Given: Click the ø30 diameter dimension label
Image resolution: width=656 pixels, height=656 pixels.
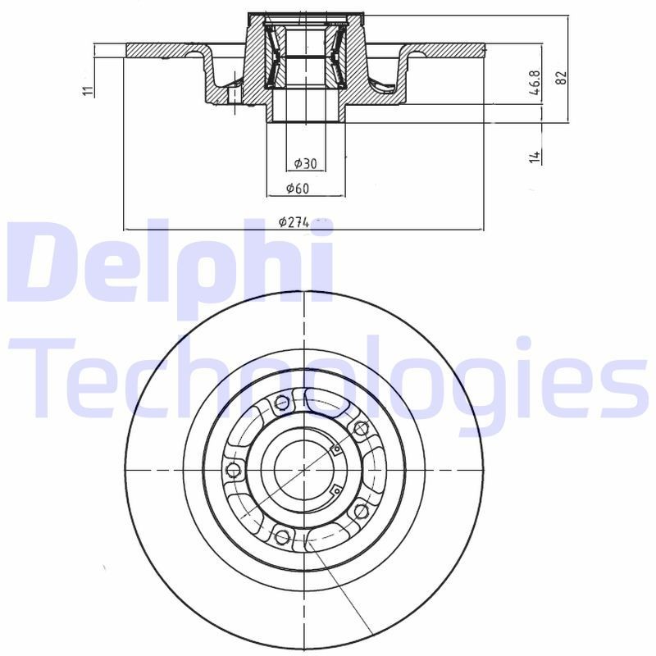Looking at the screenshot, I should [304, 162].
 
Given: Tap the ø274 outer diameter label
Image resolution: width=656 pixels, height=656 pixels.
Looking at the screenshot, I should [293, 221].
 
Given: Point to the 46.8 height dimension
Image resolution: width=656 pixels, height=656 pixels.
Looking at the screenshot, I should [535, 84].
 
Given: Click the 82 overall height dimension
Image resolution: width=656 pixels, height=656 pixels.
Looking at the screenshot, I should [562, 78].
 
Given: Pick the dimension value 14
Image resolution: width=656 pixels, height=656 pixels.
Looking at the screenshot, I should [535, 156].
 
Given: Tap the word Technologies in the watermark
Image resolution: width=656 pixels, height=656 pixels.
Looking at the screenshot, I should [328, 377].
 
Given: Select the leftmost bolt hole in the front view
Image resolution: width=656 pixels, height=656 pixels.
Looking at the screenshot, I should [232, 470].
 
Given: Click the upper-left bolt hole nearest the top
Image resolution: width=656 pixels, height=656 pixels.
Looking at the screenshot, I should [283, 402].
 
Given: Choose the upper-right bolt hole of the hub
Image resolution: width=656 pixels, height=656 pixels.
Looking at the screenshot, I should [358, 427].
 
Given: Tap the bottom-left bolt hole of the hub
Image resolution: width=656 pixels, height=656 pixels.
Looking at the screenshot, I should [283, 537].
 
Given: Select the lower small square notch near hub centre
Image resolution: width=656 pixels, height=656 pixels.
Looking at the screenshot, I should [335, 491].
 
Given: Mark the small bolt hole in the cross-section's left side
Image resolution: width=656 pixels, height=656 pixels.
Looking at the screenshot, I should [233, 94].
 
